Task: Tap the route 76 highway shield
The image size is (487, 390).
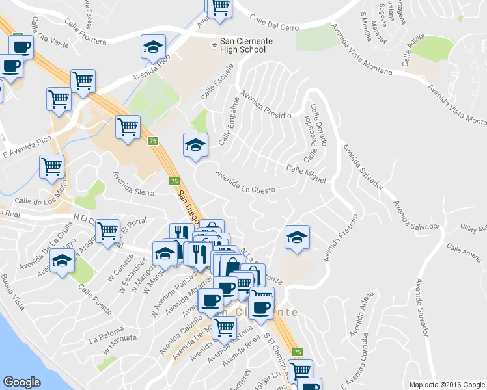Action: (152, 141)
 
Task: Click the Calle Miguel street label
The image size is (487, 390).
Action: (306, 174)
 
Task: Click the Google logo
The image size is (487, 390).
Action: (21, 382)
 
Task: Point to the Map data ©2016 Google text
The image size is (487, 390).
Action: (446, 385)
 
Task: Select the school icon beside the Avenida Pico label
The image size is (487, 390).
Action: (154, 47)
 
